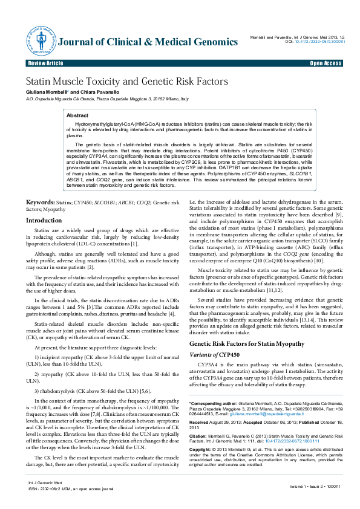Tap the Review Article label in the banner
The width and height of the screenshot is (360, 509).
tap(45, 63)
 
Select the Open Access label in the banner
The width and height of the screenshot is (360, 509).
tap(326, 63)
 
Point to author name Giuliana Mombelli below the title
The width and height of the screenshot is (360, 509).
tap(46, 91)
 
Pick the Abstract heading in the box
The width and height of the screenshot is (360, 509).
tap(77, 115)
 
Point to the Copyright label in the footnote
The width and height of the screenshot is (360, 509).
tap(202, 450)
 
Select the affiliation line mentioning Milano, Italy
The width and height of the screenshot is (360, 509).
tap(108, 98)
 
